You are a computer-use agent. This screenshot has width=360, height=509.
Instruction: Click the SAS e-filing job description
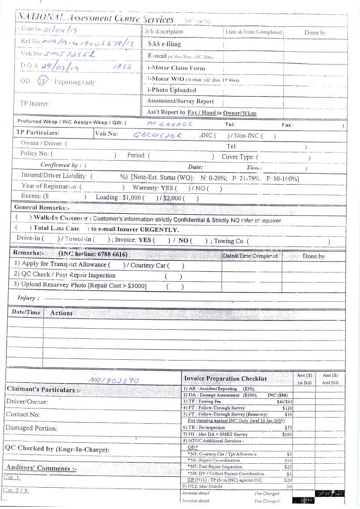point(164,44)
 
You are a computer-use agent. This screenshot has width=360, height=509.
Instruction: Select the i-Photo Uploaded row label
point(172,90)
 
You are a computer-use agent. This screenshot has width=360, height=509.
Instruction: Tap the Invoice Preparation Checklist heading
point(225,379)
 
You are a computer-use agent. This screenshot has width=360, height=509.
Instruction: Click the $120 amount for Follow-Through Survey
point(287,408)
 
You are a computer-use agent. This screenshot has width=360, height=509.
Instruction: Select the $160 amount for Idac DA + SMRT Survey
point(287,434)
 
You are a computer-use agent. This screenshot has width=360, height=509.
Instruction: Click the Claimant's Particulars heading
point(43,389)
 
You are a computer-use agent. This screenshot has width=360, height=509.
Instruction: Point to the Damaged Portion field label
point(31,428)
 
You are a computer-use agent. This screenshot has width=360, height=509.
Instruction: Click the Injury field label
point(28,298)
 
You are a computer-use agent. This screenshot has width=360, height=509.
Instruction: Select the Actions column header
point(61,313)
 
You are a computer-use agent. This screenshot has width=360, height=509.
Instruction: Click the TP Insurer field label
point(35,104)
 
